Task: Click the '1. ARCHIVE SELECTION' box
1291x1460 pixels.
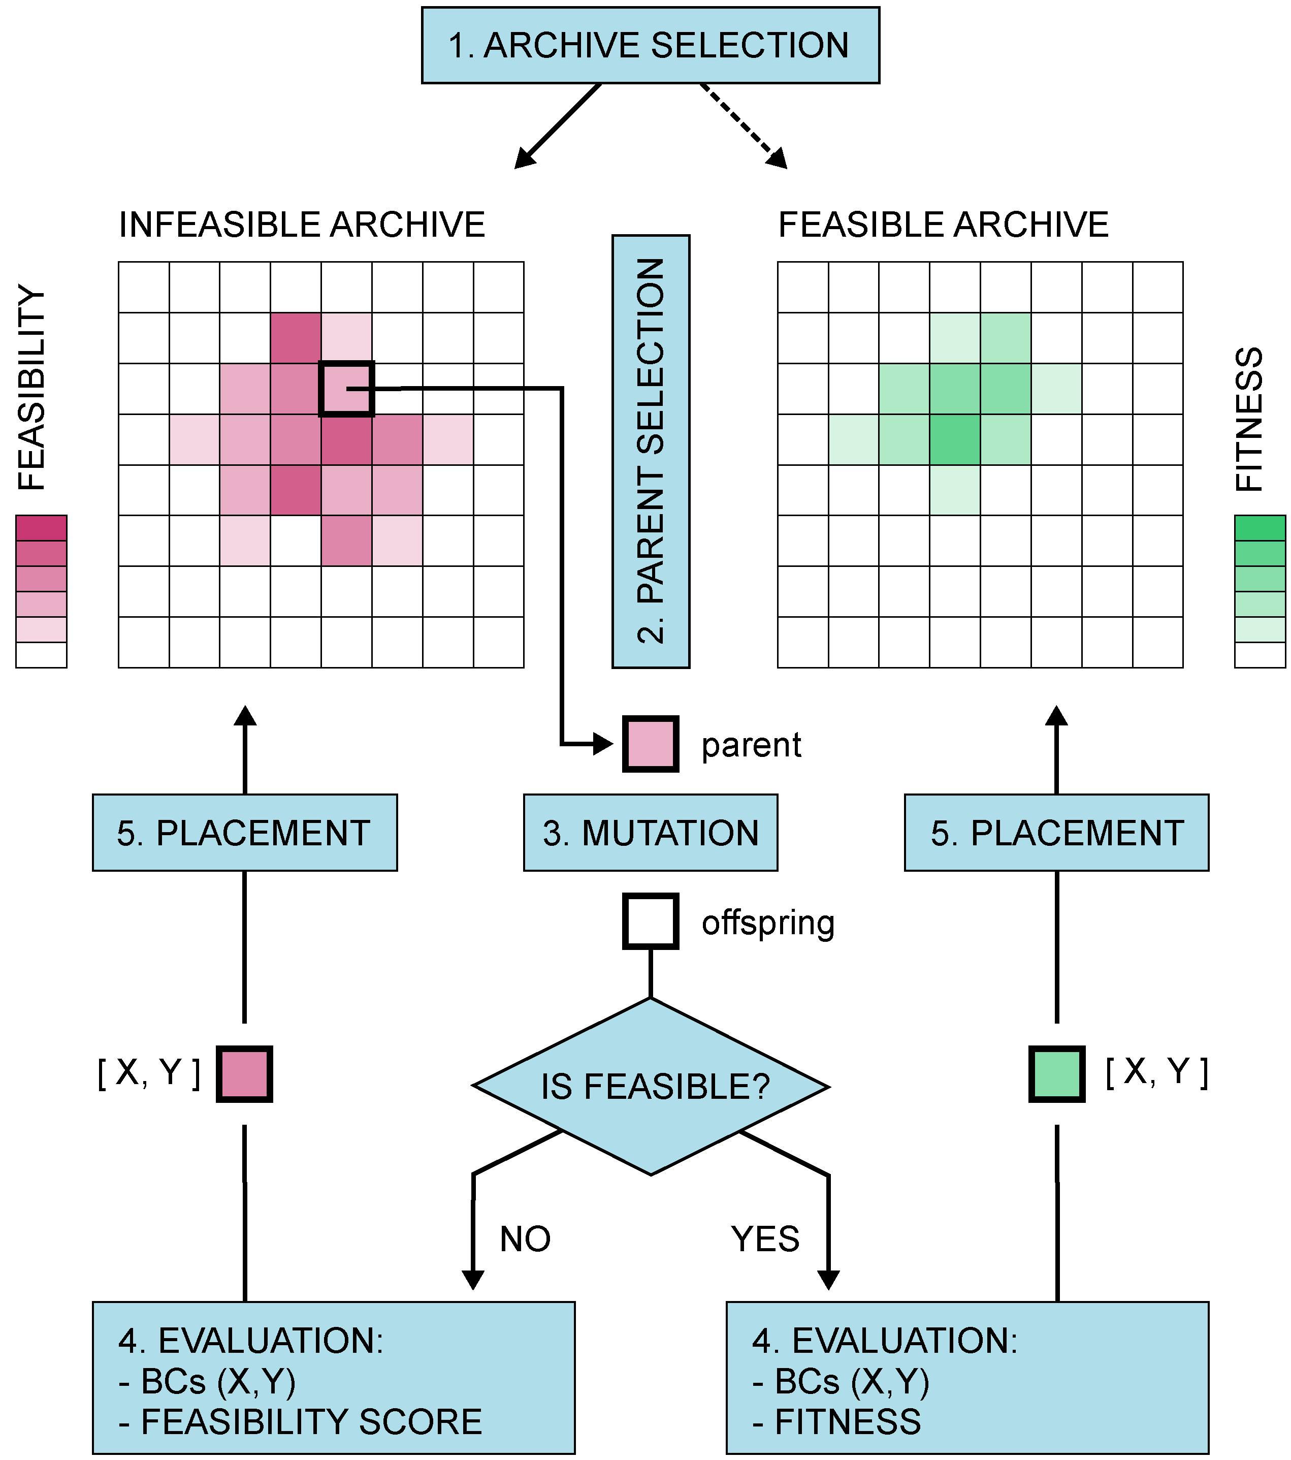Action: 650,45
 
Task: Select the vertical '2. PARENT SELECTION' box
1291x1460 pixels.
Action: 651,452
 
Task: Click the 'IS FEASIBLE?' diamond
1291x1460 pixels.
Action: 651,1087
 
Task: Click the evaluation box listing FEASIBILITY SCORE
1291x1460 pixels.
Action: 334,1379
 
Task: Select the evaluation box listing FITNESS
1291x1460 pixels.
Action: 967,1379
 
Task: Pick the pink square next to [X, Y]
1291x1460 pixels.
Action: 244,1074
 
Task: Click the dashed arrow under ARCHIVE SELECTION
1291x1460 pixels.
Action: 744,125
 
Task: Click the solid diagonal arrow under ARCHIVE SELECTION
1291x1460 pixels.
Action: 558,125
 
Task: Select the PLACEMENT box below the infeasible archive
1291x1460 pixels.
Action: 244,832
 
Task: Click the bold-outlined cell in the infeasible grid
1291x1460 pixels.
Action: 346,389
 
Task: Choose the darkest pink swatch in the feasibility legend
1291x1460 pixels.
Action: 42,528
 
